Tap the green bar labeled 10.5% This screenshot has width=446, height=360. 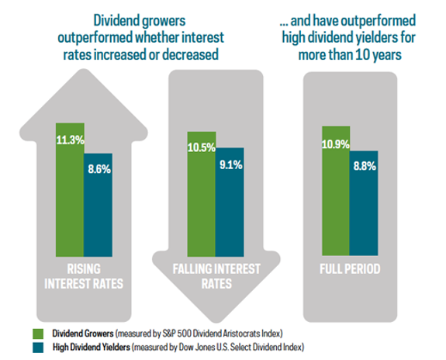click(x=201, y=194)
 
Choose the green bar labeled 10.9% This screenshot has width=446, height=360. click(x=334, y=190)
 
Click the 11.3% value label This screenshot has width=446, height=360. click(x=69, y=140)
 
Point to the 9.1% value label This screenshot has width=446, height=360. click(x=230, y=164)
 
